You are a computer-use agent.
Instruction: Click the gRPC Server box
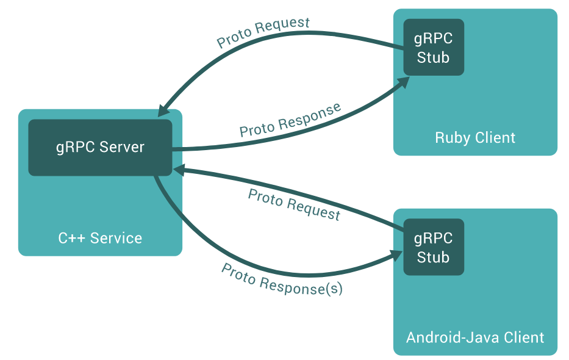[x=100, y=148]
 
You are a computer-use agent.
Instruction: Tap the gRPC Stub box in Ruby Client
[x=434, y=48]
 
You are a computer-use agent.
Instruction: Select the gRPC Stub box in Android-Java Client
[x=434, y=247]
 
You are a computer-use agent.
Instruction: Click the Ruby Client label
[x=475, y=137]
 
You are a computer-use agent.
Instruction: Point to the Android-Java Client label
[x=475, y=337]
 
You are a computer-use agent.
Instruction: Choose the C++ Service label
[x=100, y=238]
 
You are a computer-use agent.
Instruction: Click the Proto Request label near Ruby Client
[x=263, y=33]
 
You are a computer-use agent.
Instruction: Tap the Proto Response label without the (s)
[x=290, y=120]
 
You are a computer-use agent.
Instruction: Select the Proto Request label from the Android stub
[x=294, y=204]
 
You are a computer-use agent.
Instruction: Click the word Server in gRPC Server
[x=123, y=148]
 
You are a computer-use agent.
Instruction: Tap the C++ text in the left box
[x=71, y=238]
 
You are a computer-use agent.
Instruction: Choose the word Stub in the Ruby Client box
[x=434, y=58]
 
